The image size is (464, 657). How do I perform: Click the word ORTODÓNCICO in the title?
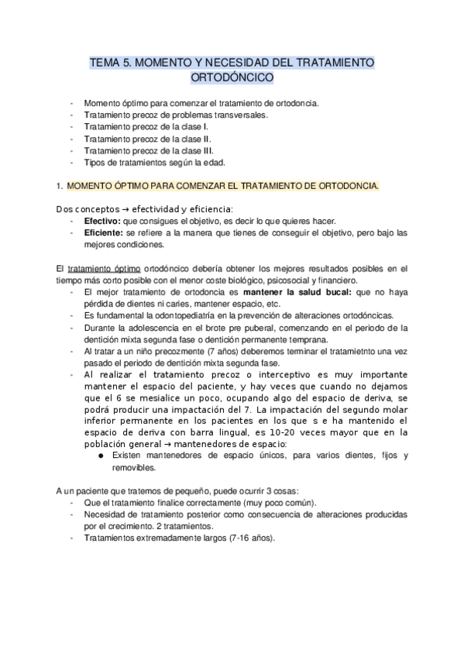click(x=232, y=77)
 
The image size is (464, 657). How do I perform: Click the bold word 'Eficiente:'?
click(x=104, y=232)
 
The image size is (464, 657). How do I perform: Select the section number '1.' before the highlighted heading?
click(x=59, y=186)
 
